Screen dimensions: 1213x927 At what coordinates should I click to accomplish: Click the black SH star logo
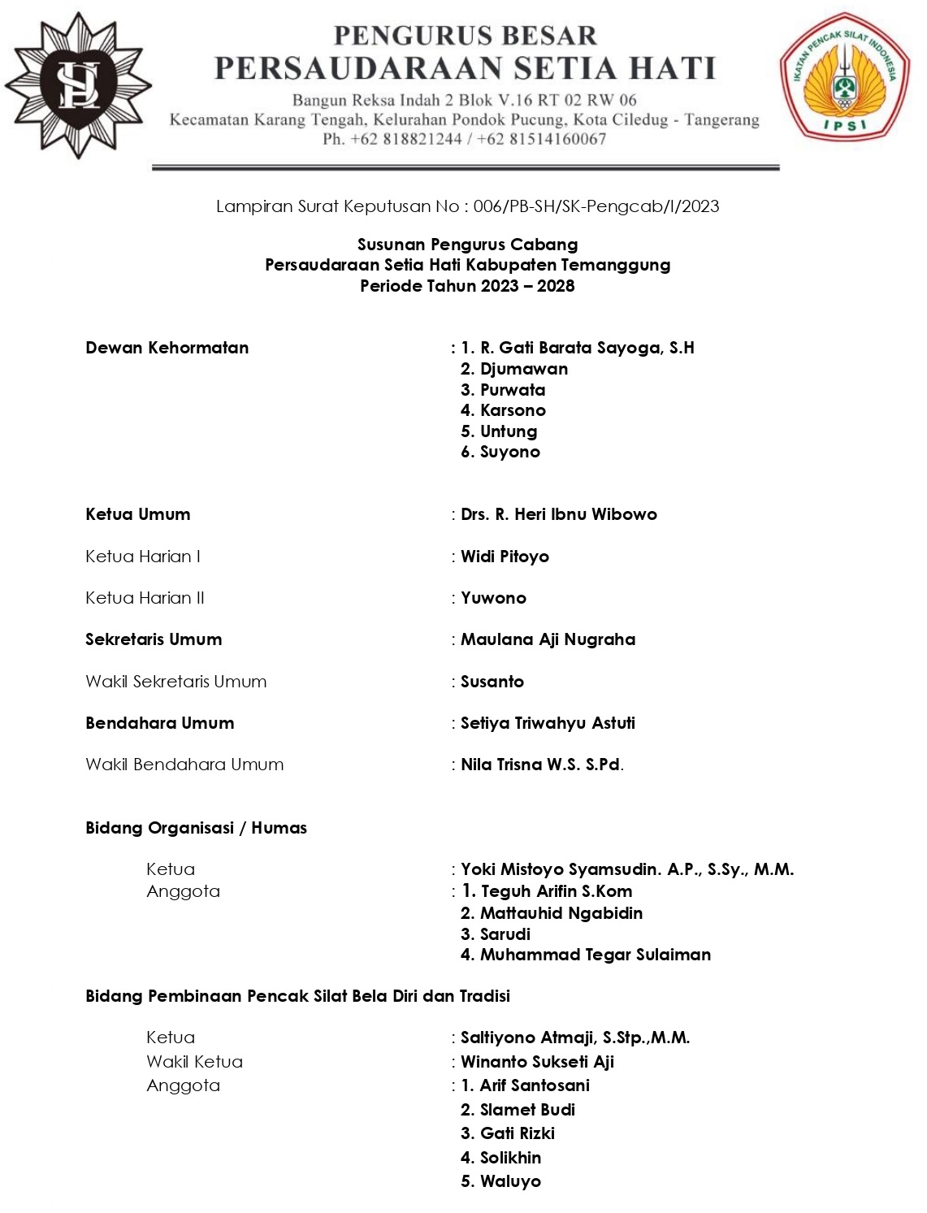pos(78,84)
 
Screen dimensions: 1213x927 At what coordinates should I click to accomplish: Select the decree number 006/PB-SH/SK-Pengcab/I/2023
pos(596,206)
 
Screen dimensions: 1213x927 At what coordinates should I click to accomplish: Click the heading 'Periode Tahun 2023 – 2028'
pos(467,286)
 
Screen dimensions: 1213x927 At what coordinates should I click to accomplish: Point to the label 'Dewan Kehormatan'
pos(167,348)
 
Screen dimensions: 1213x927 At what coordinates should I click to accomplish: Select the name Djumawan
pos(523,369)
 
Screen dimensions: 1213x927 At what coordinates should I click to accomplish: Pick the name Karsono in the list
pos(512,410)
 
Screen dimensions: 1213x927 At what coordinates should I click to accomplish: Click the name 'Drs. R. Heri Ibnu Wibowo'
pos(558,514)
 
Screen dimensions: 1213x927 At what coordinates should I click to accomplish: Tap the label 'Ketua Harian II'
pos(145,598)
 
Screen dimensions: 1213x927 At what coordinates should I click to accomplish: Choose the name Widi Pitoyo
pos(505,557)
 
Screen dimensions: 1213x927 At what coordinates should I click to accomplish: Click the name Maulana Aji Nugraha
pos(548,639)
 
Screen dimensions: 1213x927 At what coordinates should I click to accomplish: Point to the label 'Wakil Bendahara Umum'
pos(184,765)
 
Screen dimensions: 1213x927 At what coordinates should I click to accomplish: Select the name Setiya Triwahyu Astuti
pos(548,723)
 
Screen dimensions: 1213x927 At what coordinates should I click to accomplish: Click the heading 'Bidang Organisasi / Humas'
pos(196,828)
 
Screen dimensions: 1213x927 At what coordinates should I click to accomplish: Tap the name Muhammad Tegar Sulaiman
pos(595,955)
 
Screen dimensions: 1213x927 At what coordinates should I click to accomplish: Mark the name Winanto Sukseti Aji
pos(537,1062)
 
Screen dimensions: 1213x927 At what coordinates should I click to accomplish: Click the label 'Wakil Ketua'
pos(194,1062)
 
